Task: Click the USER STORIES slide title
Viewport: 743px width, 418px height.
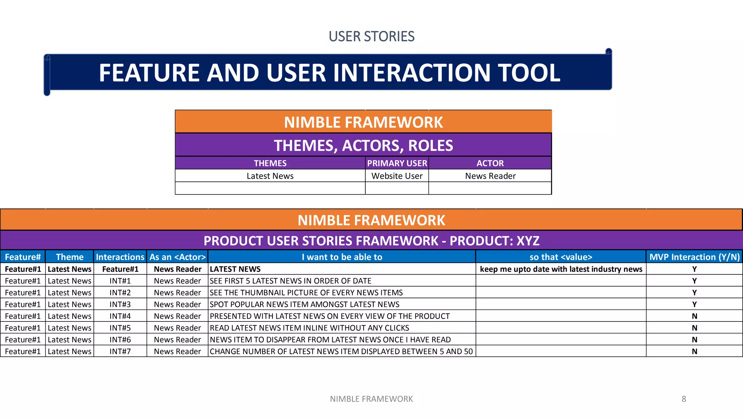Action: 371,36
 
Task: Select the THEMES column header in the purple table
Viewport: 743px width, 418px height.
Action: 270,163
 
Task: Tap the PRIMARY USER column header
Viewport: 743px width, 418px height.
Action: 397,163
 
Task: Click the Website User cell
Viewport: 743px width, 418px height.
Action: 397,176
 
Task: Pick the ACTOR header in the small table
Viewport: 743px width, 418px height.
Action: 490,163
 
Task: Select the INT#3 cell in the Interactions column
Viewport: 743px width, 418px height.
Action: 120,304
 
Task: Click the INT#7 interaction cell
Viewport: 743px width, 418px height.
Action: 120,351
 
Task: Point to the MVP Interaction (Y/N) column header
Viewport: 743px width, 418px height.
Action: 694,257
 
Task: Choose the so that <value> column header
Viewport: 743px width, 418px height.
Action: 561,257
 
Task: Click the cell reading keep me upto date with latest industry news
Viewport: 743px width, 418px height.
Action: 561,269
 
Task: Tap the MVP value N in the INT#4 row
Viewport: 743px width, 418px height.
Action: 694,316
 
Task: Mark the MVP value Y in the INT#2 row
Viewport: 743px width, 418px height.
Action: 694,292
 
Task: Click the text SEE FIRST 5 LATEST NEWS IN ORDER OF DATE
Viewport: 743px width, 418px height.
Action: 291,281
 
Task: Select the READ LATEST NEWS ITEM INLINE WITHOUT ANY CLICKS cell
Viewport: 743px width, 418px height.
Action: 309,328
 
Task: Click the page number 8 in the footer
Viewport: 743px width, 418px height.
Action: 684,399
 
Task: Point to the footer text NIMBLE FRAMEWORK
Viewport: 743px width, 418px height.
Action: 371,399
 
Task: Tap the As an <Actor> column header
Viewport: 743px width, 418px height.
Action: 177,257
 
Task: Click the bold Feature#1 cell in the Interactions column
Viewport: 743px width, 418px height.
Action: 120,269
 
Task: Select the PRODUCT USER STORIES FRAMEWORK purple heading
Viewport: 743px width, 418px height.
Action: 371,241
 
